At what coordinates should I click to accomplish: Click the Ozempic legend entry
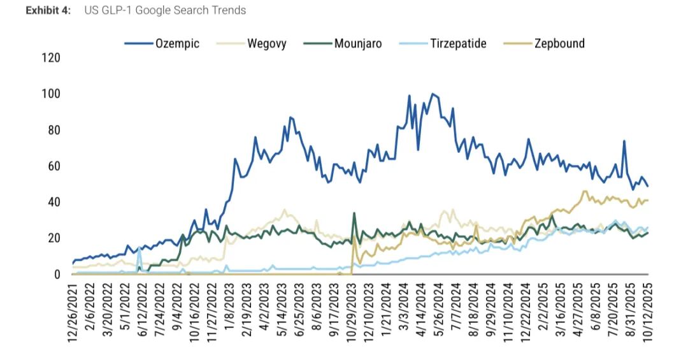tap(177, 43)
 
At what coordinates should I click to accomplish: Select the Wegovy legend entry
tap(266, 43)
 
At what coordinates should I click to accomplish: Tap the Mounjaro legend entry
tap(357, 43)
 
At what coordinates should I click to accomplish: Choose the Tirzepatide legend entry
tap(458, 43)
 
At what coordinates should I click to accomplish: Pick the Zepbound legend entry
tap(559, 43)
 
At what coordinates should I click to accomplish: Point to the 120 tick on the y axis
tap(50, 58)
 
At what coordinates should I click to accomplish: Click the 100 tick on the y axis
tap(50, 94)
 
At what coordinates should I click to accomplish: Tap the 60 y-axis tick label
tap(54, 166)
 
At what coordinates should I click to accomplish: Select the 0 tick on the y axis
tap(57, 275)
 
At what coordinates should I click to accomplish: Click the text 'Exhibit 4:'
tap(48, 10)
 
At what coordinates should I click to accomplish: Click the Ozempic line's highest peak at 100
tap(433, 94)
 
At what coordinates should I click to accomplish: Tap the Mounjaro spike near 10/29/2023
tap(354, 213)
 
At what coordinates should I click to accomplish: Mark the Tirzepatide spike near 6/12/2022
tap(139, 248)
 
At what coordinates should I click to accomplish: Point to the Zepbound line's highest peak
tap(585, 191)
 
